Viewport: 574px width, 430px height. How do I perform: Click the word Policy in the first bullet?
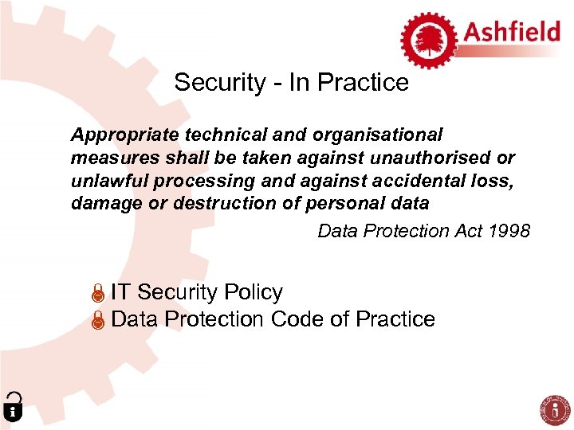point(254,293)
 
